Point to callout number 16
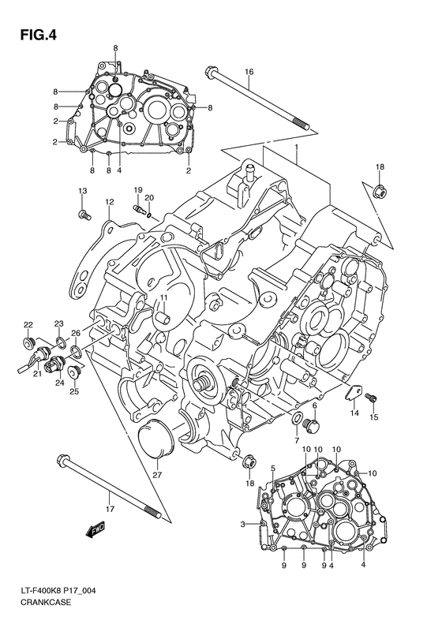(249, 73)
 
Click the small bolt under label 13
(81, 212)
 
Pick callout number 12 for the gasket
(109, 202)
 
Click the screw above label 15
(374, 400)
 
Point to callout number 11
(166, 297)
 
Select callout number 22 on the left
(28, 324)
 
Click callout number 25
(74, 391)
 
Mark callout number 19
(137, 190)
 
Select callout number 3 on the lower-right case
(243, 524)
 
